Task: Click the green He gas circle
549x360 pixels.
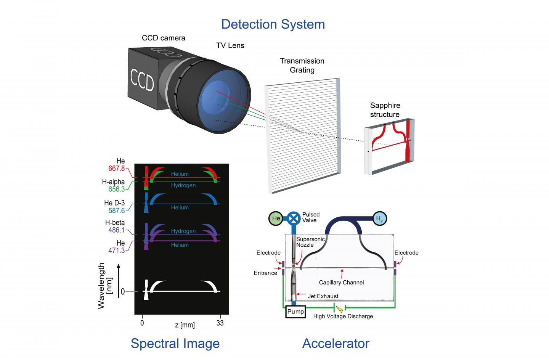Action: coord(276,218)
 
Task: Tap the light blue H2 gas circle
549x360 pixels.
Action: coord(380,218)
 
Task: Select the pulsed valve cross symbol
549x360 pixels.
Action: coord(294,218)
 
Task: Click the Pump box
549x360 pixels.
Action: coord(295,312)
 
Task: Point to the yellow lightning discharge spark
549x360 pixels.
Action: coord(339,309)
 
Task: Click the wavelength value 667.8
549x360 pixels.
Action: coord(116,169)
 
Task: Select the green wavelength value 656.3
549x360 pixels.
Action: coord(116,189)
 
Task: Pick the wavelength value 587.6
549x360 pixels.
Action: coord(116,211)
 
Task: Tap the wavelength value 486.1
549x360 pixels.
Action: coord(116,230)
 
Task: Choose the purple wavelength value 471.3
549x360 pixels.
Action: coord(116,251)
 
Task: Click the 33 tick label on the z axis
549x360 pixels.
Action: coord(220,323)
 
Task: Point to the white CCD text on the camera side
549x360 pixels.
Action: coord(142,80)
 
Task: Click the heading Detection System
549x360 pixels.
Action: coord(273,24)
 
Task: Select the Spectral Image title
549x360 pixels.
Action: coord(175,343)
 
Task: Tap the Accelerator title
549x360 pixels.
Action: coord(336,343)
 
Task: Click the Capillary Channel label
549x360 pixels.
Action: coord(341,283)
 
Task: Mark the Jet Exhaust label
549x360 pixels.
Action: coord(323,296)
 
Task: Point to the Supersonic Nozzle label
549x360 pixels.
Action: coord(310,242)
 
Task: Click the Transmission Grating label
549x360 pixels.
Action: coord(302,66)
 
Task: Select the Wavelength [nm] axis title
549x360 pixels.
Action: coord(105,286)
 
